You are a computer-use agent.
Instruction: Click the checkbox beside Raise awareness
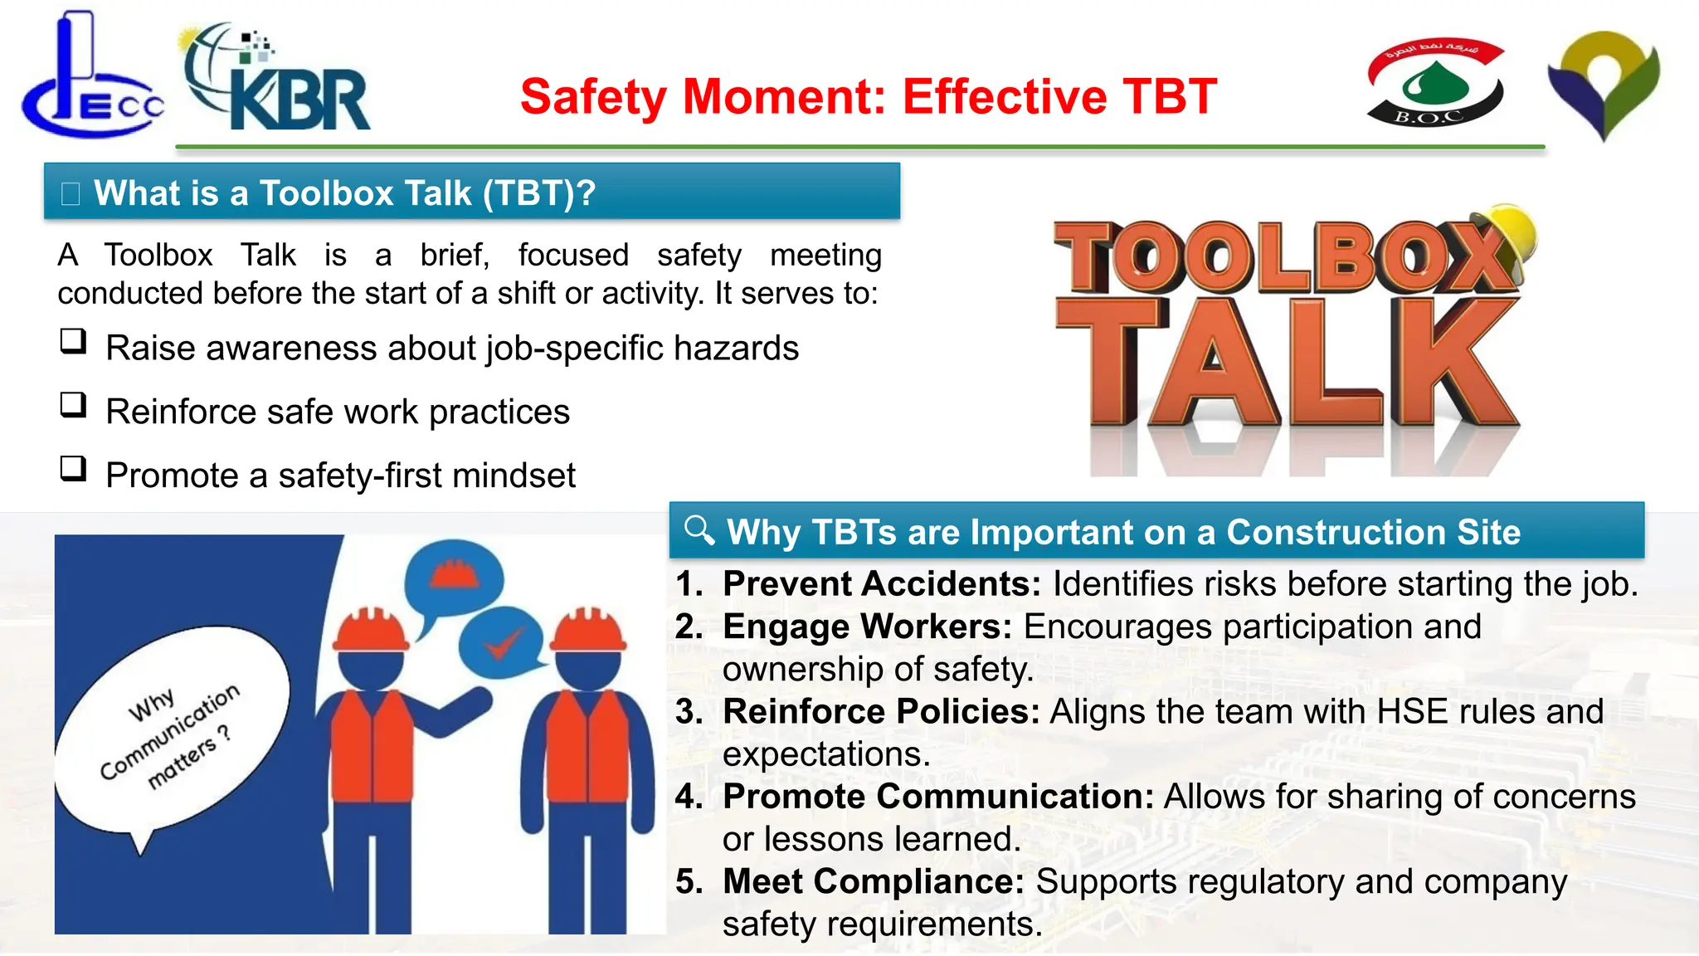coord(73,342)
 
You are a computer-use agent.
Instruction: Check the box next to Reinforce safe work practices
coord(73,406)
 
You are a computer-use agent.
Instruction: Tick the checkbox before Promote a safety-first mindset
coord(73,469)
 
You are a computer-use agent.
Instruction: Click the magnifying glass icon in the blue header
coord(699,529)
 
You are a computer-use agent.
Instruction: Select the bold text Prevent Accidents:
coord(881,584)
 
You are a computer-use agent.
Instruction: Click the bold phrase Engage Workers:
coord(867,627)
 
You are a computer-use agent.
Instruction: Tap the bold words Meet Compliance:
coord(873,881)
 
